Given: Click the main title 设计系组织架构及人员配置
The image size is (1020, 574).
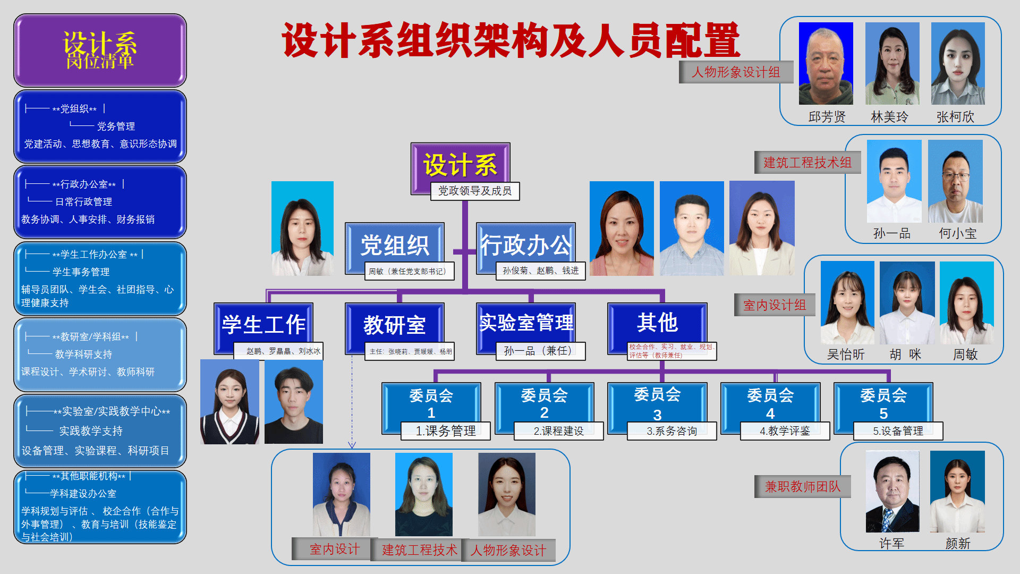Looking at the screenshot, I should [x=511, y=40].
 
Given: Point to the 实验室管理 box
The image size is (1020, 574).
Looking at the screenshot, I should [x=526, y=323].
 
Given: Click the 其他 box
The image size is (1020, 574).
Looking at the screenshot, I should [x=657, y=323].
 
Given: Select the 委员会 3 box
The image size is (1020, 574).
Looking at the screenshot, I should [x=657, y=404].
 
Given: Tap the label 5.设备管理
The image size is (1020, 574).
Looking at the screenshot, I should [x=898, y=431].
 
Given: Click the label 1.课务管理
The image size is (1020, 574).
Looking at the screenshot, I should [x=445, y=431].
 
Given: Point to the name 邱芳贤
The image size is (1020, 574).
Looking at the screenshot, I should [x=827, y=117].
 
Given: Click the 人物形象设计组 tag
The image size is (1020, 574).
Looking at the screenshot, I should [x=736, y=72].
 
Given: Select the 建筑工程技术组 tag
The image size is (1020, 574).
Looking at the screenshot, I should [x=807, y=163].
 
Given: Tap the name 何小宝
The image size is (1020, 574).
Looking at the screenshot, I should [x=957, y=233].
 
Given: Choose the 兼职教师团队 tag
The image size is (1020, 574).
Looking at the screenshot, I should [x=802, y=487].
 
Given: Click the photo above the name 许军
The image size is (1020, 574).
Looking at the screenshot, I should [x=892, y=492].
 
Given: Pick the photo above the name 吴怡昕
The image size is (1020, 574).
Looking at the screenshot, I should [x=847, y=302].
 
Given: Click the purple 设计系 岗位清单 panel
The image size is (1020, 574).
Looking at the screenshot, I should [x=100, y=50].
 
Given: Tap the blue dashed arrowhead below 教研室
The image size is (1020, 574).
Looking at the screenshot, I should [x=352, y=445].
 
